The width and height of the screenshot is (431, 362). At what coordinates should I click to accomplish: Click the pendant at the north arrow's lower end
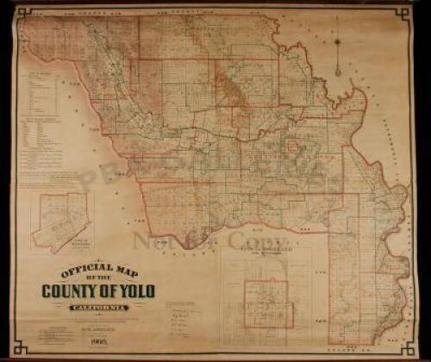(338, 72)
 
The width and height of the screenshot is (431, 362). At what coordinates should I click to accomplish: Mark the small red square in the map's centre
(292, 146)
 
